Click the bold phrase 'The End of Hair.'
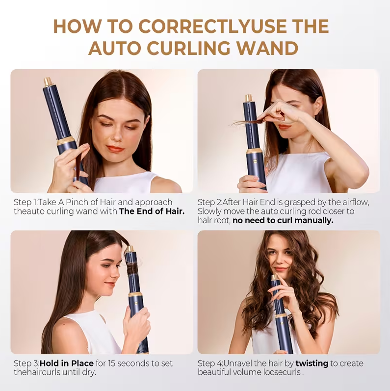click(152, 211)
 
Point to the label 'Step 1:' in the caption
click(26, 202)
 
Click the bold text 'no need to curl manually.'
click(283, 220)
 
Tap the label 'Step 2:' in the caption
click(209, 202)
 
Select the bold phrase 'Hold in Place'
click(66, 364)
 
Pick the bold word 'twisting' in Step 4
click(312, 364)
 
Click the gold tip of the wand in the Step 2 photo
click(248, 98)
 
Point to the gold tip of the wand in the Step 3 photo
click(130, 249)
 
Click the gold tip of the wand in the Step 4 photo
click(275, 277)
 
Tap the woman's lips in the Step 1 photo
click(115, 149)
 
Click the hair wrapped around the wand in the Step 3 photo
click(132, 268)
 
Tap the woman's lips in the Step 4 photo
click(280, 269)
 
